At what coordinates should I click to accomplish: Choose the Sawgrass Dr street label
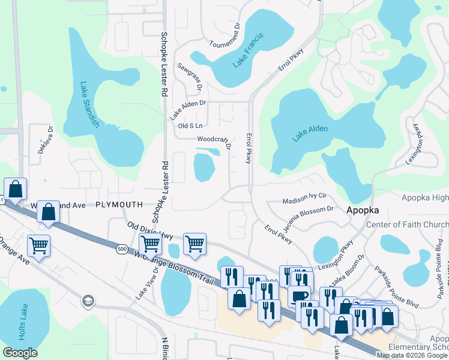pos(190,77)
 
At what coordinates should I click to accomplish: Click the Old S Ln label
pos(190,125)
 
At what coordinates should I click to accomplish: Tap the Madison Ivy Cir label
pos(304,196)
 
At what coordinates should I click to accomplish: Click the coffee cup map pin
pos(300,295)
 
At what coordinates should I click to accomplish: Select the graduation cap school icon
pos(88,300)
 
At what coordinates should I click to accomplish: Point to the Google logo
pos(20,353)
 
